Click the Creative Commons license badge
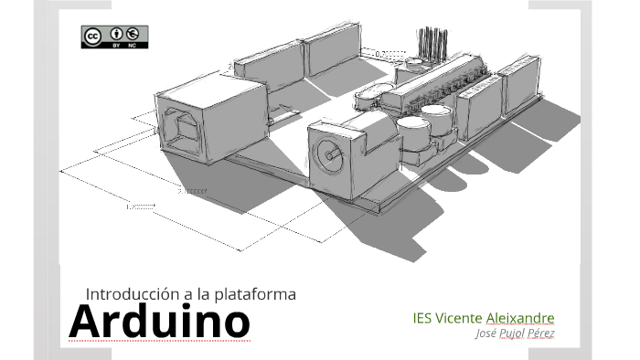click(x=114, y=36)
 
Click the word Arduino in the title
click(x=159, y=321)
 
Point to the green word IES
click(x=421, y=318)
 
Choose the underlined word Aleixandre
click(x=520, y=318)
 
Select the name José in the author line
click(x=486, y=334)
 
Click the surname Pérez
click(x=541, y=334)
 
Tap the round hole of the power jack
click(x=326, y=154)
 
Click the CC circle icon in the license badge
click(x=92, y=36)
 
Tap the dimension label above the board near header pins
click(x=391, y=53)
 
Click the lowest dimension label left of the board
click(x=142, y=206)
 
